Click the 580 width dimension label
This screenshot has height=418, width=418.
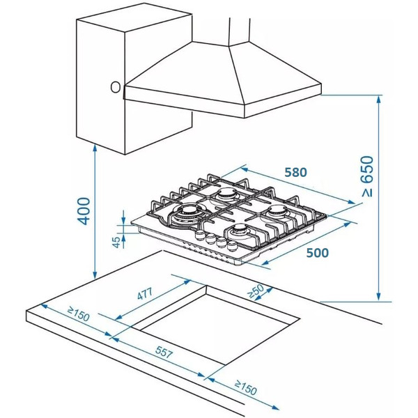coord(295,172)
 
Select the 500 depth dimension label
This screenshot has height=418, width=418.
coord(317,252)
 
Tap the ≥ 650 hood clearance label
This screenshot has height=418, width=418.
coord(368,176)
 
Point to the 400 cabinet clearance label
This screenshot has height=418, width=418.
coord(84,211)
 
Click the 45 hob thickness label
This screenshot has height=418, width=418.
coord(116,242)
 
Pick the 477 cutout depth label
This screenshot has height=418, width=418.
coord(145,293)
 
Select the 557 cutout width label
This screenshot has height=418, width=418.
coord(164,352)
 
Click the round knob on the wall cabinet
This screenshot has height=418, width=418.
coord(116,87)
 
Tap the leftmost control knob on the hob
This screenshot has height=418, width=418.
coord(199,235)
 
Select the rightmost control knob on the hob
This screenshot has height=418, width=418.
coord(232,246)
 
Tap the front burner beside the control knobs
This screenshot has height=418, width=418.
coord(241,230)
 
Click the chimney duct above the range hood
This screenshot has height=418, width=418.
coord(240,31)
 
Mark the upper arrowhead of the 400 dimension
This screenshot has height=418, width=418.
coord(95,148)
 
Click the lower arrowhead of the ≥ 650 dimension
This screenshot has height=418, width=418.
coord(378,297)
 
